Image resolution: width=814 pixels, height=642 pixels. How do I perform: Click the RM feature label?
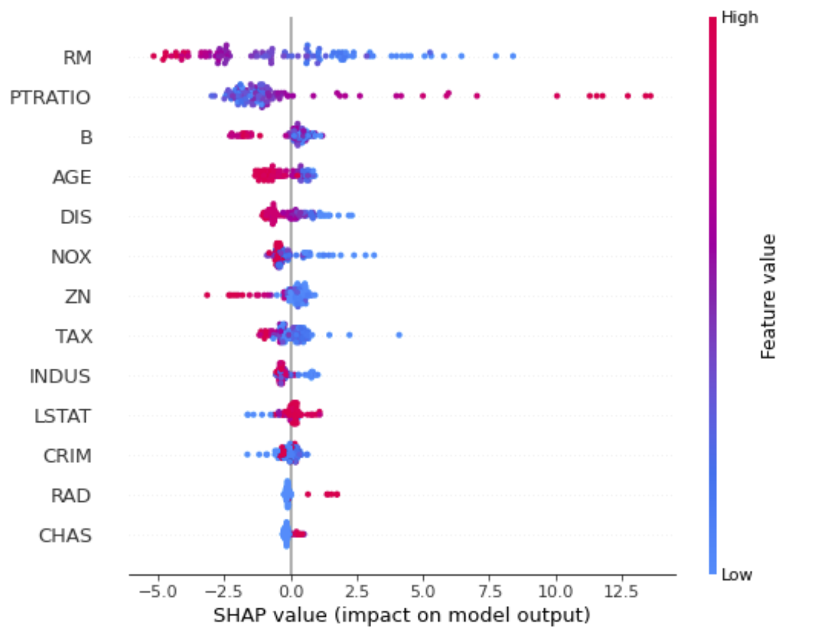tap(77, 58)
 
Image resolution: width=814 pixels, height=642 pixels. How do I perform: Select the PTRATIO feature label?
tap(50, 97)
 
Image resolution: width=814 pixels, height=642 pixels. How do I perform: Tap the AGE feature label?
tap(72, 177)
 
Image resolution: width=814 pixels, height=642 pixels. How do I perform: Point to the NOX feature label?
tap(71, 257)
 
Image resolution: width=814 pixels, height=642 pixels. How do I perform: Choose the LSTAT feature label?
tap(62, 416)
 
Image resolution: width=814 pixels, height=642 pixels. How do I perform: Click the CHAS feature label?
tap(65, 535)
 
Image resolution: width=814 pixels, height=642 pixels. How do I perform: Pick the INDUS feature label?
tap(60, 376)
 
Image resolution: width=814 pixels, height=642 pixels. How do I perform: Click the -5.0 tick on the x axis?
tap(158, 592)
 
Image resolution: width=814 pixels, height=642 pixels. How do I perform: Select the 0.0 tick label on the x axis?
tap(290, 592)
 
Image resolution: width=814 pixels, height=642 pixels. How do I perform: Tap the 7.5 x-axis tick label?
tap(489, 592)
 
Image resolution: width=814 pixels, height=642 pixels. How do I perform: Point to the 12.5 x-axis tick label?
tap(621, 592)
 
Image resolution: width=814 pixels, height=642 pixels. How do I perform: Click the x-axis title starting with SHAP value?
tap(402, 615)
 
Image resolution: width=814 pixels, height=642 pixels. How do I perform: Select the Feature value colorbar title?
tap(768, 296)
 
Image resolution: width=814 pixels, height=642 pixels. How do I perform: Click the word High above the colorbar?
tap(739, 17)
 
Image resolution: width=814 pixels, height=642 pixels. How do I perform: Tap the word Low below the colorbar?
tap(736, 575)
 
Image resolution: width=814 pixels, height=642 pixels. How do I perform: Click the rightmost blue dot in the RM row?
tap(513, 56)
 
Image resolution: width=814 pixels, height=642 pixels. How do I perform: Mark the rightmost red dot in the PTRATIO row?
tap(650, 96)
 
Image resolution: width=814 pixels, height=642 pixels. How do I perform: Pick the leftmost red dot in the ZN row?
tap(207, 295)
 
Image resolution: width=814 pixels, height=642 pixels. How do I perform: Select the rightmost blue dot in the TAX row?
tap(399, 334)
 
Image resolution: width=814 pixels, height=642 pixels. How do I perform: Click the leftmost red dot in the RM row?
tap(153, 56)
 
